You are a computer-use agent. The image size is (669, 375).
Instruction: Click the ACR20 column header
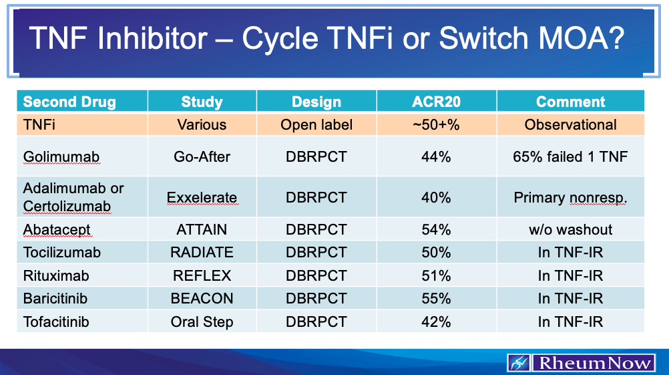pyautogui.click(x=436, y=102)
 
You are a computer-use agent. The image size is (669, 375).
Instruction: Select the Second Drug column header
pyautogui.click(x=69, y=102)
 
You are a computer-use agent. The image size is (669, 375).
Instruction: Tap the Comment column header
pyautogui.click(x=570, y=102)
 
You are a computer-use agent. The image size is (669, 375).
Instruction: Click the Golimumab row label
pyautogui.click(x=61, y=157)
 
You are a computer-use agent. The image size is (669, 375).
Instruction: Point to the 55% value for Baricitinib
pyautogui.click(x=436, y=298)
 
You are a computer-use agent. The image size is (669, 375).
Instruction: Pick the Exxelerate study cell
pyautogui.click(x=202, y=198)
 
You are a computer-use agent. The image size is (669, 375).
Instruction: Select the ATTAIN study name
pyautogui.click(x=202, y=230)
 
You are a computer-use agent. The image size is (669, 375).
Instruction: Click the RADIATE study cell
pyautogui.click(x=202, y=253)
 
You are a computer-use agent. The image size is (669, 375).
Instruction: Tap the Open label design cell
pyautogui.click(x=316, y=125)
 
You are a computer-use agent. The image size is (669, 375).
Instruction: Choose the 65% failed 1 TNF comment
pyautogui.click(x=570, y=157)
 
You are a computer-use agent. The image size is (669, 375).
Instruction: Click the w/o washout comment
pyautogui.click(x=570, y=230)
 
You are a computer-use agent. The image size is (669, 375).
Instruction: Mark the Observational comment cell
pyautogui.click(x=570, y=125)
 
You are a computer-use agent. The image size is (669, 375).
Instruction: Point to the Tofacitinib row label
pyautogui.click(x=56, y=322)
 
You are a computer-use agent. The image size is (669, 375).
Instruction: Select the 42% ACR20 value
pyautogui.click(x=436, y=322)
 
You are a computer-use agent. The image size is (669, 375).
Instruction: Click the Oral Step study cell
pyautogui.click(x=202, y=322)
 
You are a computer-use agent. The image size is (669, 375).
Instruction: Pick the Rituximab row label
pyautogui.click(x=56, y=275)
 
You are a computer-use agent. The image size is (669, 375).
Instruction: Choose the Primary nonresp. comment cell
pyautogui.click(x=570, y=198)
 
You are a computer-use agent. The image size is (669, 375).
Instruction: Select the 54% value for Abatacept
pyautogui.click(x=436, y=230)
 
